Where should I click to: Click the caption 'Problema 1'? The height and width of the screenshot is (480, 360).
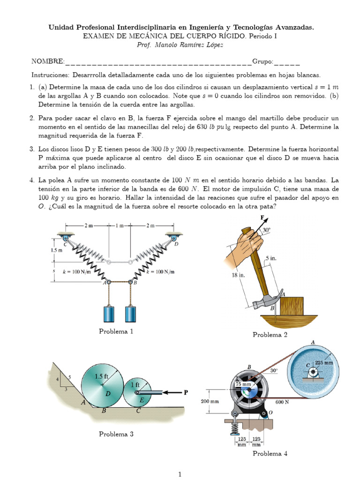point(116,331)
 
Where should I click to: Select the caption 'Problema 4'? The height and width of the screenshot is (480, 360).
point(270,453)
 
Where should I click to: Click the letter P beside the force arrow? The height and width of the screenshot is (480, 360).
point(186,393)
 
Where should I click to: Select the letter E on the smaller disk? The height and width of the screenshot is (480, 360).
point(141,400)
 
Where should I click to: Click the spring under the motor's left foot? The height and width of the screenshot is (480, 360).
point(232,427)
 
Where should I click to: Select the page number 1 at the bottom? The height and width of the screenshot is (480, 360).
point(180,474)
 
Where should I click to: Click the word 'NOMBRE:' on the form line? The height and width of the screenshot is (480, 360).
point(48,61)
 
